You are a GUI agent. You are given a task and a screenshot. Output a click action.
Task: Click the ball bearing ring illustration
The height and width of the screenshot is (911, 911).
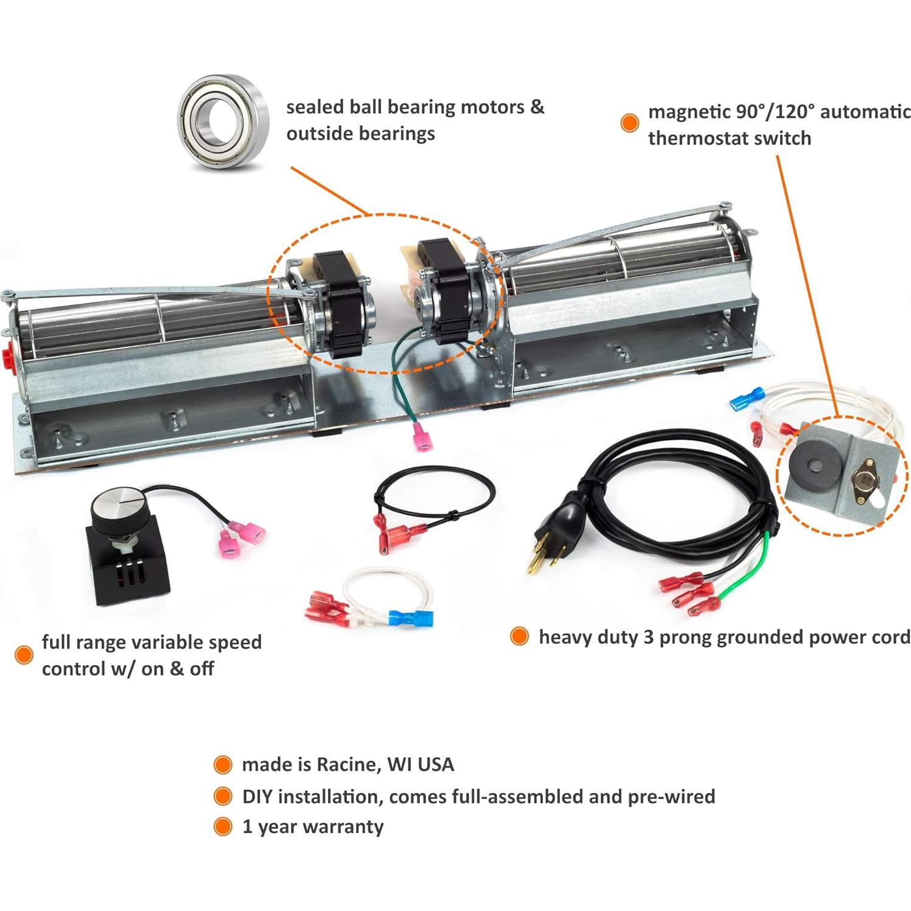222,117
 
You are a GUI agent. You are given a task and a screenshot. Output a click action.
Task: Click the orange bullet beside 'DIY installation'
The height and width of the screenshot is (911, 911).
223,796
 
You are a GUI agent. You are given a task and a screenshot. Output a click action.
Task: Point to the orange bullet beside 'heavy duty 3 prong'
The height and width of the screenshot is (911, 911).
519,637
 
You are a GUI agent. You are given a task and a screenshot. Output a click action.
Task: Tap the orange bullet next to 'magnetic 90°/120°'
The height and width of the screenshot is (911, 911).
630,122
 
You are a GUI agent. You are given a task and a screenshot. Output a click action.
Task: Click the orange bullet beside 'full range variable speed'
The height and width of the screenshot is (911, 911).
24,655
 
